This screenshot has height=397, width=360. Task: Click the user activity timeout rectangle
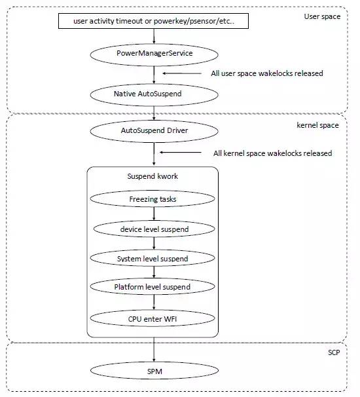tap(153, 22)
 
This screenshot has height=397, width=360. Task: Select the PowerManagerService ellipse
tap(153, 53)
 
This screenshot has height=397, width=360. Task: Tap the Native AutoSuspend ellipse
tap(153, 94)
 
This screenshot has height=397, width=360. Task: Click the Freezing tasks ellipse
tap(153, 197)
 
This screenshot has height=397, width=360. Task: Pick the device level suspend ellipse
tap(153, 229)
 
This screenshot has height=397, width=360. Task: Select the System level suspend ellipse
tap(153, 259)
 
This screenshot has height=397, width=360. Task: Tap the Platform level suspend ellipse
tap(153, 287)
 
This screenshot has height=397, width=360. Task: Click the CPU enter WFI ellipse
tap(153, 319)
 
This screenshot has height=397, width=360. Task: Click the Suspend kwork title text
tap(152, 177)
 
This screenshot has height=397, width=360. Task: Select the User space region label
tap(323, 16)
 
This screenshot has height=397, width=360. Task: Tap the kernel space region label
tap(317, 124)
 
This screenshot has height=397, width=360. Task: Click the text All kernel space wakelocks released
tap(272, 153)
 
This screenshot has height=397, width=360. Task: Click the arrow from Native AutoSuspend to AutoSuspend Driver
tap(153, 113)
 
